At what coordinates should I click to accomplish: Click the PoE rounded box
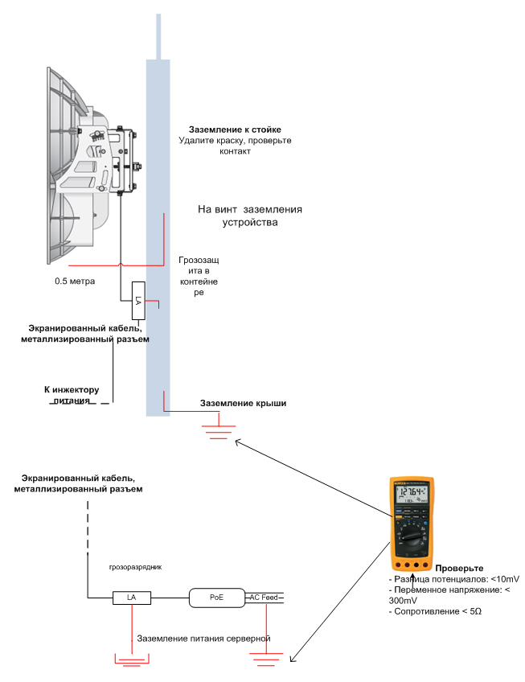215,598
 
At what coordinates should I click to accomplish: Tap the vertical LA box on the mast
137,300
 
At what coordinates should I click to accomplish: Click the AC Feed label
264,598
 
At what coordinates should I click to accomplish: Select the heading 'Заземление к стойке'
235,129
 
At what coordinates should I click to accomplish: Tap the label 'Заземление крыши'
243,403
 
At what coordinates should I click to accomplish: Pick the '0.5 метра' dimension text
75,282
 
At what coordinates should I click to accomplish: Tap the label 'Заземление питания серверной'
203,639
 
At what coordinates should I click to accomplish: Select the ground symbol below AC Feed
266,659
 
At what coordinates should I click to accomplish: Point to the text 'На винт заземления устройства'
250,216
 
